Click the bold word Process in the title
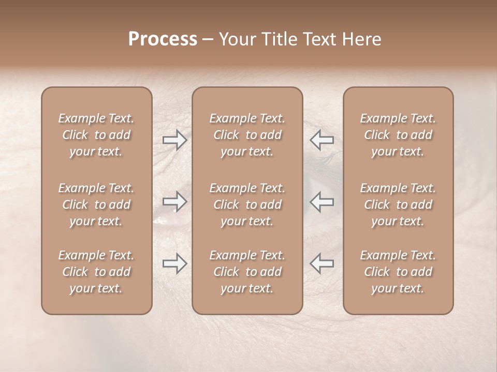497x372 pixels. click(x=163, y=39)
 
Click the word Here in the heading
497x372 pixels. click(x=362, y=39)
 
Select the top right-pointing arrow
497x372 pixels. click(x=175, y=139)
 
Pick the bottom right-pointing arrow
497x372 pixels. click(x=175, y=263)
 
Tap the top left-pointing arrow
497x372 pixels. click(x=321, y=139)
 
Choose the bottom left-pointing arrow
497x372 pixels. click(x=321, y=263)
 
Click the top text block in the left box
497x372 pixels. click(x=96, y=135)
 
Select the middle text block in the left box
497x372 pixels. click(x=96, y=205)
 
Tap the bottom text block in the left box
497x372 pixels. click(x=96, y=272)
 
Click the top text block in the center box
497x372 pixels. click(x=247, y=135)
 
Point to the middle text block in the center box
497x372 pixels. click(x=247, y=205)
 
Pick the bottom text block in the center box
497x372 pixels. click(x=247, y=272)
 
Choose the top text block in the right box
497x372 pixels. click(x=398, y=135)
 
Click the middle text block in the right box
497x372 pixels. click(x=398, y=205)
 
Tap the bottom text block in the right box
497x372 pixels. click(x=398, y=272)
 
